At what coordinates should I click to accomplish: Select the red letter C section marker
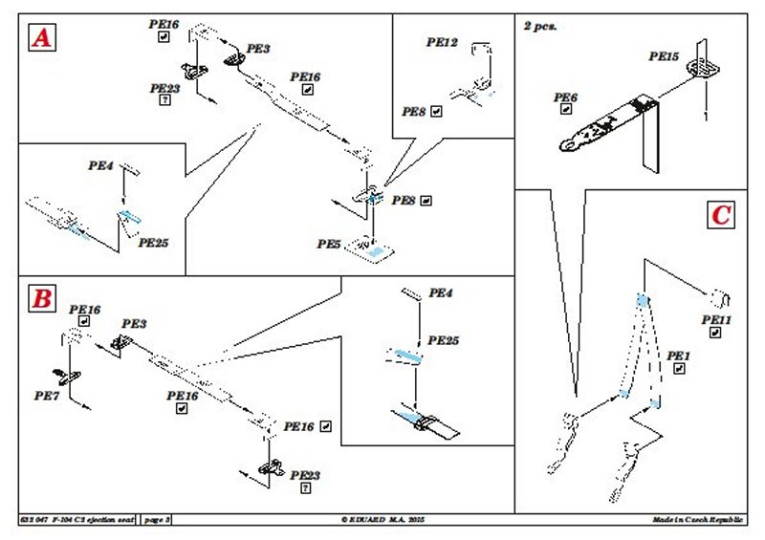pyautogui.click(x=720, y=214)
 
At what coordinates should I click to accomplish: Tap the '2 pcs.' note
pyautogui.click(x=540, y=26)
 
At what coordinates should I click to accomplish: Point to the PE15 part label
pyautogui.click(x=664, y=56)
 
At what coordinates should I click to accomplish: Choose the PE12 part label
pyautogui.click(x=443, y=43)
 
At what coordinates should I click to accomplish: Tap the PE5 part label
pyautogui.click(x=329, y=245)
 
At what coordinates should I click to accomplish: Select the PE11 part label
pyautogui.click(x=715, y=319)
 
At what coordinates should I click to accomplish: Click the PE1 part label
pyautogui.click(x=678, y=356)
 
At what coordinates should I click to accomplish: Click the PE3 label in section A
pyautogui.click(x=258, y=47)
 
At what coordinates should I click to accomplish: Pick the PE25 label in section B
pyautogui.click(x=443, y=340)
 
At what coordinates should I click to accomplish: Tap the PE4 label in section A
pyautogui.click(x=101, y=165)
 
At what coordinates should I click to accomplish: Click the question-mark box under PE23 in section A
pyautogui.click(x=165, y=99)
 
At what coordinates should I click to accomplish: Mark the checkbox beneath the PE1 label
pyautogui.click(x=678, y=369)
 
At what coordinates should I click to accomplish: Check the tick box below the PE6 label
pyautogui.click(x=566, y=110)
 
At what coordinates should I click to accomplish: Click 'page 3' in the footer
pyautogui.click(x=156, y=519)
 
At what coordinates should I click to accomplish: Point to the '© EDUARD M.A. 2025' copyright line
pyautogui.click(x=382, y=519)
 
